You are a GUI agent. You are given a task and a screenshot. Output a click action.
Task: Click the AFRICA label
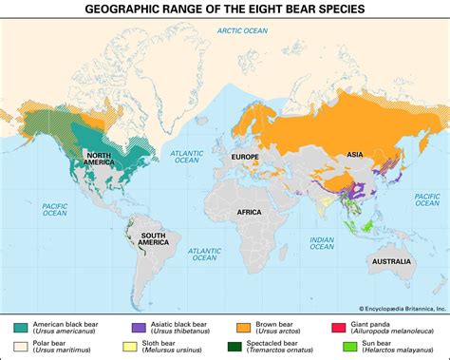coord(249,212)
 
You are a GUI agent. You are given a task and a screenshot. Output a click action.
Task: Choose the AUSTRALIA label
coord(390,261)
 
